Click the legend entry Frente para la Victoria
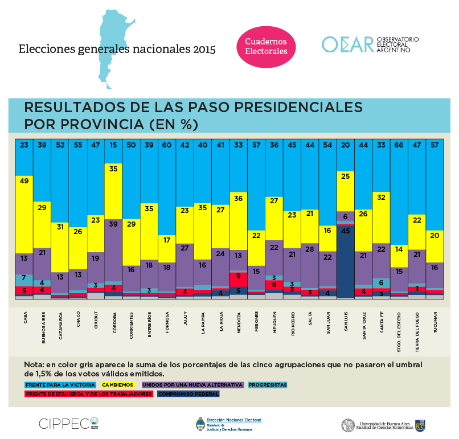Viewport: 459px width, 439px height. pyautogui.click(x=60, y=384)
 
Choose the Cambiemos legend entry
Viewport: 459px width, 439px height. pyautogui.click(x=117, y=384)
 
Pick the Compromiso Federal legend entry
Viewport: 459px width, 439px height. pyautogui.click(x=188, y=393)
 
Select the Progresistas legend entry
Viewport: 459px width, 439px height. pyautogui.click(x=268, y=384)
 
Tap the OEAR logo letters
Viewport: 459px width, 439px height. pyautogui.click(x=347, y=44)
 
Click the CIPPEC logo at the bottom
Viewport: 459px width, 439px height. pyautogui.click(x=64, y=423)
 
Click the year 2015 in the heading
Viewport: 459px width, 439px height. pyautogui.click(x=202, y=50)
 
